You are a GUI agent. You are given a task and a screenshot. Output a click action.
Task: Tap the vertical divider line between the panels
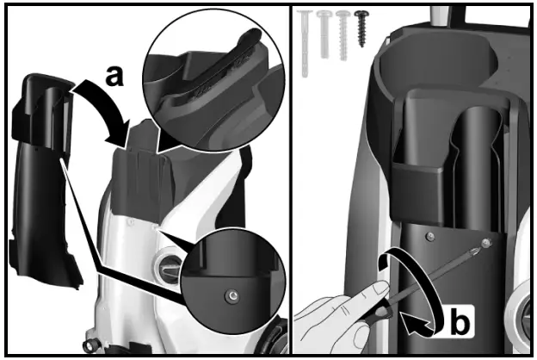point(291,180)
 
